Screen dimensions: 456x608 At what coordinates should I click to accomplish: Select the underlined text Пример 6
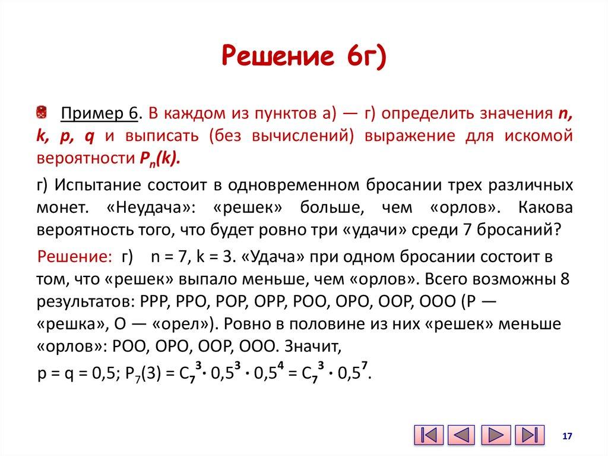(x=100, y=113)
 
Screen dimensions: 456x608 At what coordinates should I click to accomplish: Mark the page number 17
(x=566, y=436)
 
